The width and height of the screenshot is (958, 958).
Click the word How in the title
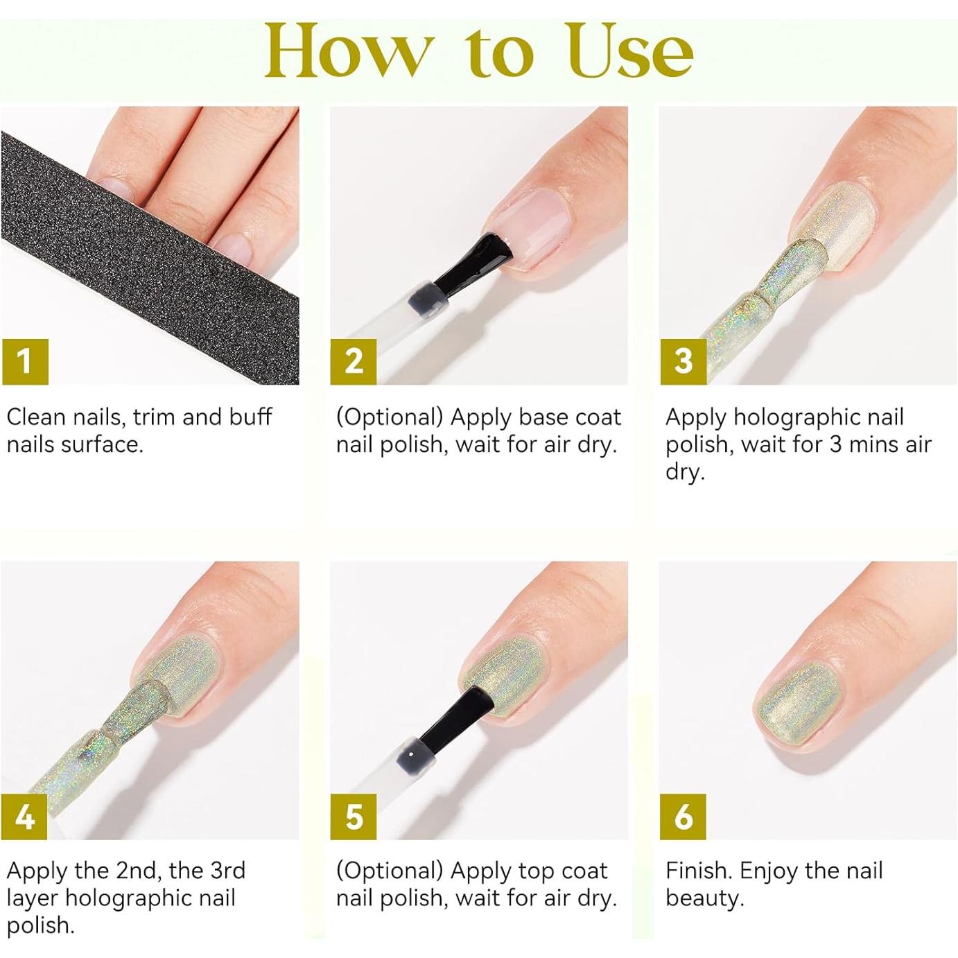[x=347, y=53]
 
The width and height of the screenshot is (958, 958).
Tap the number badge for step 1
[x=25, y=361]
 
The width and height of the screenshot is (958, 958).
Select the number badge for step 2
[x=354, y=361]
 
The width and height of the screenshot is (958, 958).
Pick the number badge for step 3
[x=683, y=361]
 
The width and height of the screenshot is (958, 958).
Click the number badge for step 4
[x=25, y=817]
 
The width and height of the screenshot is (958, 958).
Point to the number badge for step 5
[x=354, y=817]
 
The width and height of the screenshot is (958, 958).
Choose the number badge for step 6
[x=683, y=817]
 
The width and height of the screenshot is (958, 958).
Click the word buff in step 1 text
[x=250, y=417]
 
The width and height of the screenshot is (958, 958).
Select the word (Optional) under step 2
[x=389, y=417]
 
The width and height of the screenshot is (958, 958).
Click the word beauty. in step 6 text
[x=704, y=898]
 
